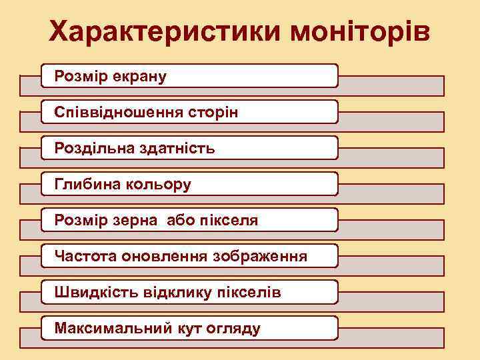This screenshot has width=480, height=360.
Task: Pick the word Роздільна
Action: tap(89, 148)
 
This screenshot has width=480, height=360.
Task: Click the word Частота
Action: tap(85, 256)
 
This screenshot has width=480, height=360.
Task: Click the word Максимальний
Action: tap(103, 328)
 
